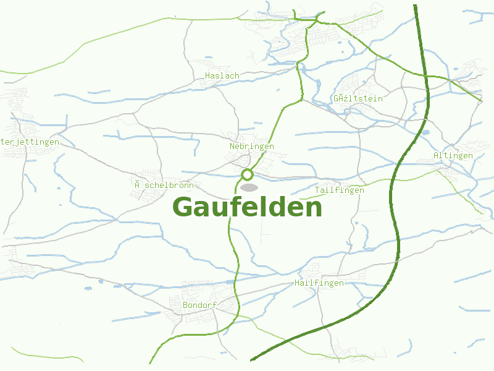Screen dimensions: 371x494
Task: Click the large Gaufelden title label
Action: click(247, 207)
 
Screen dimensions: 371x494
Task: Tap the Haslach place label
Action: click(222, 76)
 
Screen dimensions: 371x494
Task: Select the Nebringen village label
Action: click(251, 147)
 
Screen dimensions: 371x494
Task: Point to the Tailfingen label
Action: click(339, 190)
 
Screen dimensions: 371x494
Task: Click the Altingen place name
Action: click(453, 156)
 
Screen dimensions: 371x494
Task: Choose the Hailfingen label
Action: click(319, 283)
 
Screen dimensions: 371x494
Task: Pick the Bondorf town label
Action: click(199, 305)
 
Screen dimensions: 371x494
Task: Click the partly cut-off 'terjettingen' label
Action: click(30, 142)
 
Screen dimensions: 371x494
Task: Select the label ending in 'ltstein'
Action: click(358, 99)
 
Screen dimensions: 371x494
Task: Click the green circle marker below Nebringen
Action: click(248, 174)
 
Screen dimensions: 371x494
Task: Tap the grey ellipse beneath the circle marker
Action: click(249, 187)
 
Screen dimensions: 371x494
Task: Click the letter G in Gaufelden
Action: click(184, 207)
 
